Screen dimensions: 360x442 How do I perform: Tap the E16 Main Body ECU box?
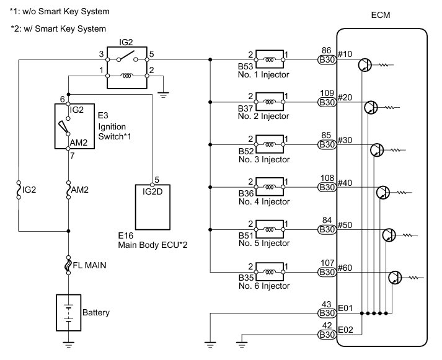[x=153, y=206]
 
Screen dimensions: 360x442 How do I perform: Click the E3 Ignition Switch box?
[x=73, y=126]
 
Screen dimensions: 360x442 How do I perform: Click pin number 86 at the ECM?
[x=326, y=51]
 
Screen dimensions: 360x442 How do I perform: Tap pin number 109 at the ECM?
[x=326, y=93]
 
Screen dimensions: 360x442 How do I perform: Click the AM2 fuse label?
[x=79, y=190]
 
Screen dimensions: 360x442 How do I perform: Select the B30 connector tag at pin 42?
[x=326, y=335]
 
